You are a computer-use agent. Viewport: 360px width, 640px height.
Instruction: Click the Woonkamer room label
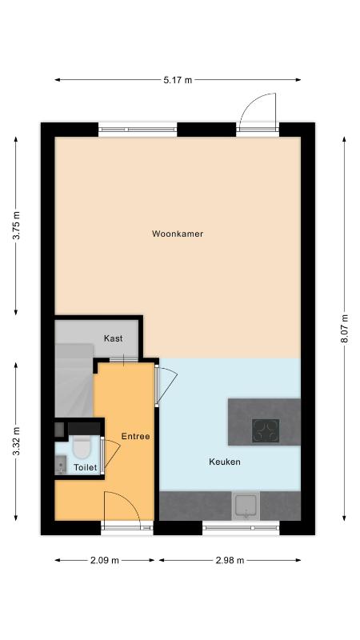point(178,234)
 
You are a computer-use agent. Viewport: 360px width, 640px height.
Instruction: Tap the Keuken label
point(225,462)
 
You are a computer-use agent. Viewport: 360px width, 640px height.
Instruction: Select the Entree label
point(135,436)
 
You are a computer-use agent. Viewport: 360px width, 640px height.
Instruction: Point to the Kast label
point(113,338)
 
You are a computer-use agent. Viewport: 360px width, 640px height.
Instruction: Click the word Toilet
point(86,467)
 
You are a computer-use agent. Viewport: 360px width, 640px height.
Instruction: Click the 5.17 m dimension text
point(178,80)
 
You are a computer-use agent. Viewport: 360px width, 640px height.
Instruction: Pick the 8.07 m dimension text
point(345,329)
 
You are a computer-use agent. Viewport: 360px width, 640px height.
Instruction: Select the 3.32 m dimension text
point(16,442)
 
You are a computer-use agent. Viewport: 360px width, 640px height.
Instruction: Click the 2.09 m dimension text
point(105,561)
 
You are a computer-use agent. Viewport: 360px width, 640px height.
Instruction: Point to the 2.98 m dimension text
point(230,561)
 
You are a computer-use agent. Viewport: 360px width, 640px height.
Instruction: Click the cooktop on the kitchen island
point(266,430)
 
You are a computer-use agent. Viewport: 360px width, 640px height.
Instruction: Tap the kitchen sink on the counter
point(246,506)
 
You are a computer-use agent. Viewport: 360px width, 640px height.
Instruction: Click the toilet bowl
point(82,446)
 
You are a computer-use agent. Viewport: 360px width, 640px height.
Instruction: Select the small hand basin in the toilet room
point(61,465)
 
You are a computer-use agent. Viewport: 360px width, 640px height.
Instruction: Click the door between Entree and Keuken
point(167,385)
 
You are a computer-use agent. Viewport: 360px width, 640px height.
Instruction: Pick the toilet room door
point(111,454)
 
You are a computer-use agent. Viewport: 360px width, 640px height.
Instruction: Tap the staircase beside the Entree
point(74,379)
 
